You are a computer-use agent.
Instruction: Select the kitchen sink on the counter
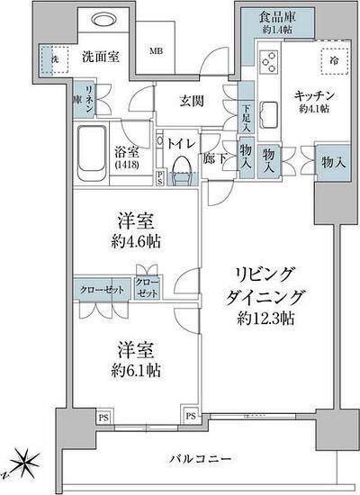point(269,114)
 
